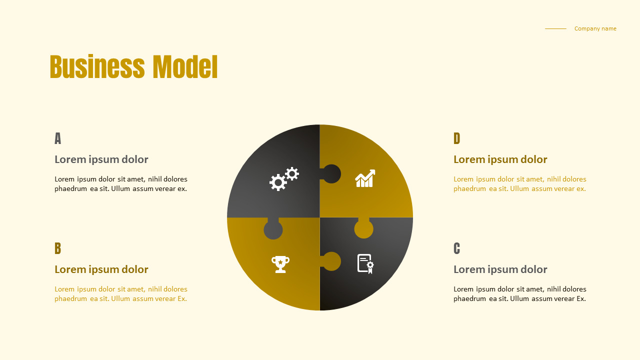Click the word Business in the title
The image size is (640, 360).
point(97,67)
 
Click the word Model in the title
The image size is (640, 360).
point(185,67)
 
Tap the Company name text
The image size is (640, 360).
point(595,28)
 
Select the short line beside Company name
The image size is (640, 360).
point(555,28)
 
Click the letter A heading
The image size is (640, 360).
point(57,138)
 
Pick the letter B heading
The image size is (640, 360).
point(57,248)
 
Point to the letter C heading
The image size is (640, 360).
point(456,248)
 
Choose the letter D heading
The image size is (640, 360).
point(456,138)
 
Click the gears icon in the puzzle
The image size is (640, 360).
point(284,179)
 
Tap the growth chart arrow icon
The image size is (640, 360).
point(365,178)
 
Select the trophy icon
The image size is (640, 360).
point(280,264)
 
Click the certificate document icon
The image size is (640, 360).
point(365,263)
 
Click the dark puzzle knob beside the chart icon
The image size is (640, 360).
point(331,174)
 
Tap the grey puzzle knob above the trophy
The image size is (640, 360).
point(273,230)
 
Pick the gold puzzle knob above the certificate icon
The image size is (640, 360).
point(363,229)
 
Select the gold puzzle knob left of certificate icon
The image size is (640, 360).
point(331,261)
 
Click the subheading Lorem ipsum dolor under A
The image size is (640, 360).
point(101,159)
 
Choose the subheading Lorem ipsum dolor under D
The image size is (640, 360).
point(500,159)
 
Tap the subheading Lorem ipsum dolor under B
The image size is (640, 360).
point(101,269)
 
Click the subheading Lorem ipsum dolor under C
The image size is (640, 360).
point(500,269)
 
